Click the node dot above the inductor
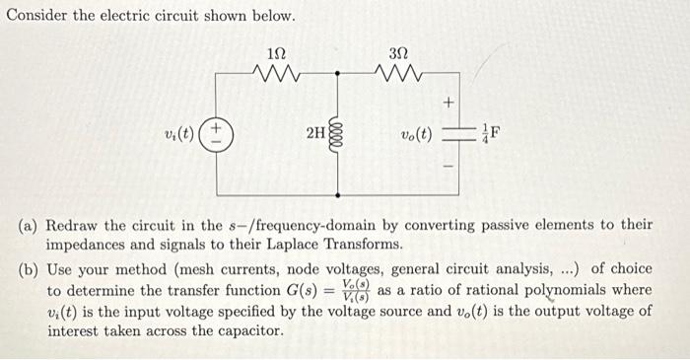pyautogui.click(x=338, y=74)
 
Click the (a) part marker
pyautogui.click(x=28, y=225)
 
